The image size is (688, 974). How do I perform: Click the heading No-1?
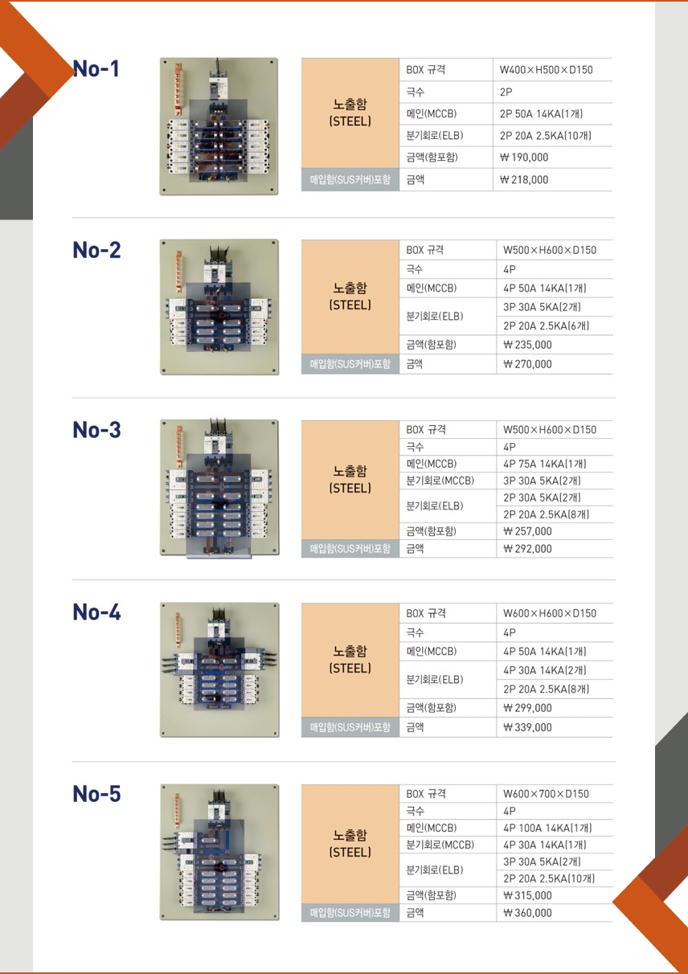[96, 68]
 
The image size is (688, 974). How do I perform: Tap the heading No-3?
[96, 430]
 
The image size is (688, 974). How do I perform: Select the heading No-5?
[96, 793]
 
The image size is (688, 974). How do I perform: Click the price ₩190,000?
[524, 158]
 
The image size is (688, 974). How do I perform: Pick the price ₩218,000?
[524, 179]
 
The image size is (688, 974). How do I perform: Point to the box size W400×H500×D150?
[547, 70]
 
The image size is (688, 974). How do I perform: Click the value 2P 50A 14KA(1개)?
[542, 114]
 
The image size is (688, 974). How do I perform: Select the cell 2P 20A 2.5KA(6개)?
[547, 325]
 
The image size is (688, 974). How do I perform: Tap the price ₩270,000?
[527, 364]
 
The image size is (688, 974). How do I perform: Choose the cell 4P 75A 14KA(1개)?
[545, 464]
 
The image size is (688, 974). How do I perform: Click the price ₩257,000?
[527, 531]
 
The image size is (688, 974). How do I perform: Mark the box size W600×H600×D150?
[550, 613]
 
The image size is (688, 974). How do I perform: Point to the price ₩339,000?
[527, 727]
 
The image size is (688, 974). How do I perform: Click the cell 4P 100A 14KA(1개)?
[547, 828]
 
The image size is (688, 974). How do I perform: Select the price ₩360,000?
[527, 913]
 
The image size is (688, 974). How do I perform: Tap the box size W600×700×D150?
[547, 794]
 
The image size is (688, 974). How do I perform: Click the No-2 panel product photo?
[219, 307]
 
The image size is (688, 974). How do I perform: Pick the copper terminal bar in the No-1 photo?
[178, 89]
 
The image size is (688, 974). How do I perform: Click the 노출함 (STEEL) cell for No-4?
[350, 659]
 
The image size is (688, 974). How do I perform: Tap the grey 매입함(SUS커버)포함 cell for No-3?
[350, 549]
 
